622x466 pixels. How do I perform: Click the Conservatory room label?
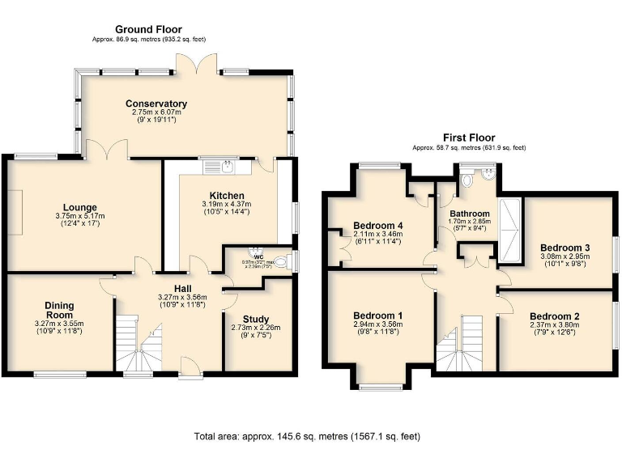pyautogui.click(x=156, y=104)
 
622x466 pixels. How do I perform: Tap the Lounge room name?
pyautogui.click(x=81, y=207)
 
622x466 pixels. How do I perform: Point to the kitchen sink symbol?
pyautogui.click(x=219, y=167)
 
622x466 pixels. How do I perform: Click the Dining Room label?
pyautogui.click(x=59, y=310)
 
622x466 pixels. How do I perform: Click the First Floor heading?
pyautogui.click(x=468, y=138)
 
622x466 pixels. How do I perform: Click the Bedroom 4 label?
pyautogui.click(x=378, y=225)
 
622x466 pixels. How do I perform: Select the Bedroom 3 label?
pyautogui.click(x=565, y=247)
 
